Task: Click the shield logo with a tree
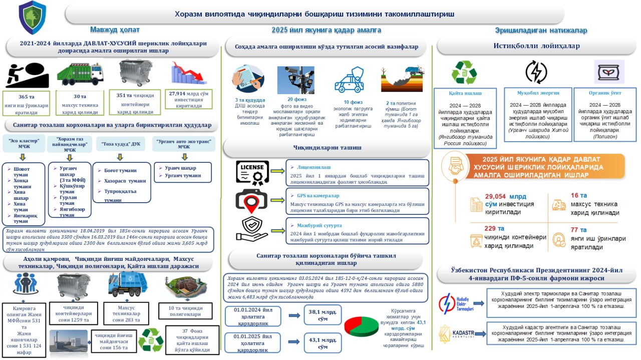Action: (32, 17)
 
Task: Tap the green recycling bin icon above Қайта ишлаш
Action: (464, 72)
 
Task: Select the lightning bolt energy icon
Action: (536, 71)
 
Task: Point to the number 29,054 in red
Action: (498, 197)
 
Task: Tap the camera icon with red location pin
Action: (251, 200)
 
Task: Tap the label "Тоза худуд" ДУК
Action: (120, 143)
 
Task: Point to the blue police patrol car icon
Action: (349, 79)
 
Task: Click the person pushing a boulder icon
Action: (27, 75)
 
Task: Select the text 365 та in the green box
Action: (27, 96)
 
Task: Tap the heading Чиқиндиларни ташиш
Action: (325, 147)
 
